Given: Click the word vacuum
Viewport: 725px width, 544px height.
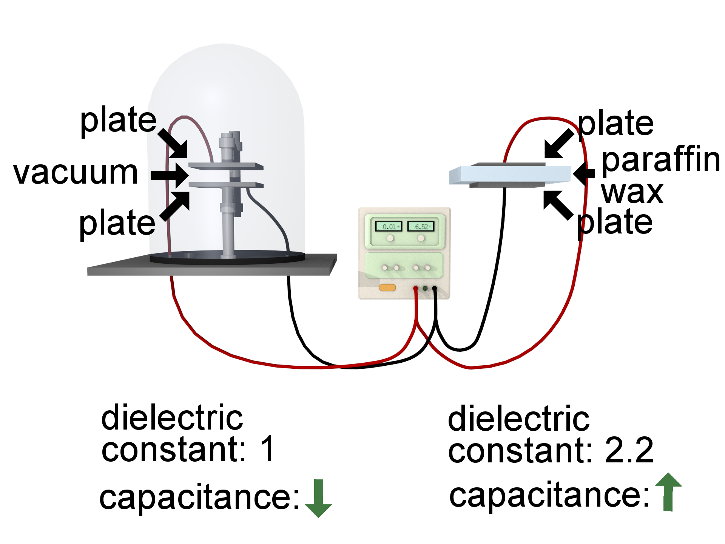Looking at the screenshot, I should click(x=76, y=173).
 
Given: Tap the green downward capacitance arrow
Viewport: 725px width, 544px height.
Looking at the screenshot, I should click(x=318, y=499).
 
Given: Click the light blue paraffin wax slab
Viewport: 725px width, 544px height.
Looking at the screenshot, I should click(x=510, y=175).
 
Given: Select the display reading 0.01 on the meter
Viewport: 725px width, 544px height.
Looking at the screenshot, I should click(x=389, y=227).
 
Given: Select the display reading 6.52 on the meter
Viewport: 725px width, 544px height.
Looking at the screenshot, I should click(x=421, y=227).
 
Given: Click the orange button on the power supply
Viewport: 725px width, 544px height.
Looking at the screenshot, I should click(x=387, y=288).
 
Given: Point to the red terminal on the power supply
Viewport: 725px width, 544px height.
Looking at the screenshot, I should click(x=415, y=289).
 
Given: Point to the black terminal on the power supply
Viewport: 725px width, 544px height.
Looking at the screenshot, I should click(x=434, y=289).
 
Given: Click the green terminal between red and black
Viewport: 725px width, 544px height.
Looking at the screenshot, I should click(x=425, y=289).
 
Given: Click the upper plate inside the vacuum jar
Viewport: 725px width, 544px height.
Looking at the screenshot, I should click(x=225, y=166).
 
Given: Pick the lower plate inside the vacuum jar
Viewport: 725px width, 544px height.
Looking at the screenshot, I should click(x=225, y=185).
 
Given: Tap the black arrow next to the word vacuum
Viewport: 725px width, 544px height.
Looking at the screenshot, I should click(x=170, y=175).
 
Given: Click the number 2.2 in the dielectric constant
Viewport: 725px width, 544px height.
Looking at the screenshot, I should click(x=629, y=450).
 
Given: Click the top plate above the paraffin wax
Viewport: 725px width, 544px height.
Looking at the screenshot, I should click(x=508, y=164).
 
